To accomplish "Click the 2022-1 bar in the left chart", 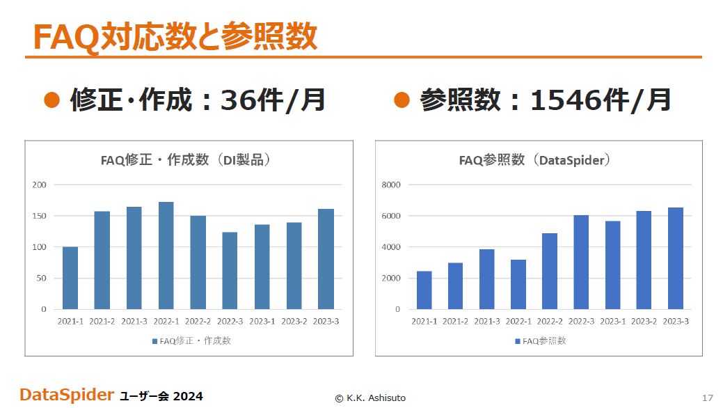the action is pos(166,256).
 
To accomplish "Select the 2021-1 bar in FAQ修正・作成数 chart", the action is pos(70,278).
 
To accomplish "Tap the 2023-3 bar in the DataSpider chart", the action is pos(676,258).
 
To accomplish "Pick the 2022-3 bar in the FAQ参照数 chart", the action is pos(581,262).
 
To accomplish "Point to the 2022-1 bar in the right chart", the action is pos(518,284).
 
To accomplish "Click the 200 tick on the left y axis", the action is pos(39,185).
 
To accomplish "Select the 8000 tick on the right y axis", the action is pos(391,185).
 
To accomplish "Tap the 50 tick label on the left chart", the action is pos(42,278).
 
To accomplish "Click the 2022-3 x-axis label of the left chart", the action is pos(230,321).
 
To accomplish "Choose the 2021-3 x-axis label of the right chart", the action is pos(487,321).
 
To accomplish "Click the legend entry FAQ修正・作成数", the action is pos(191,341).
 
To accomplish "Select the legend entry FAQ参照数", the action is pos(541,341).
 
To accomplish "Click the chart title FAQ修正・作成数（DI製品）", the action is pos(185,159).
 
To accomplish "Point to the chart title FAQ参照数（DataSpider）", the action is pos(535,159).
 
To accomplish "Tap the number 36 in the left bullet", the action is pos(237,100).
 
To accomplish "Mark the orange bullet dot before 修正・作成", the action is pos(51,100).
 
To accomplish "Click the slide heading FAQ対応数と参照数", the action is pos(175,36).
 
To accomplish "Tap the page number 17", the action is pos(708,398).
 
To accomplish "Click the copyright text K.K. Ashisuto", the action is pos(376,398).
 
